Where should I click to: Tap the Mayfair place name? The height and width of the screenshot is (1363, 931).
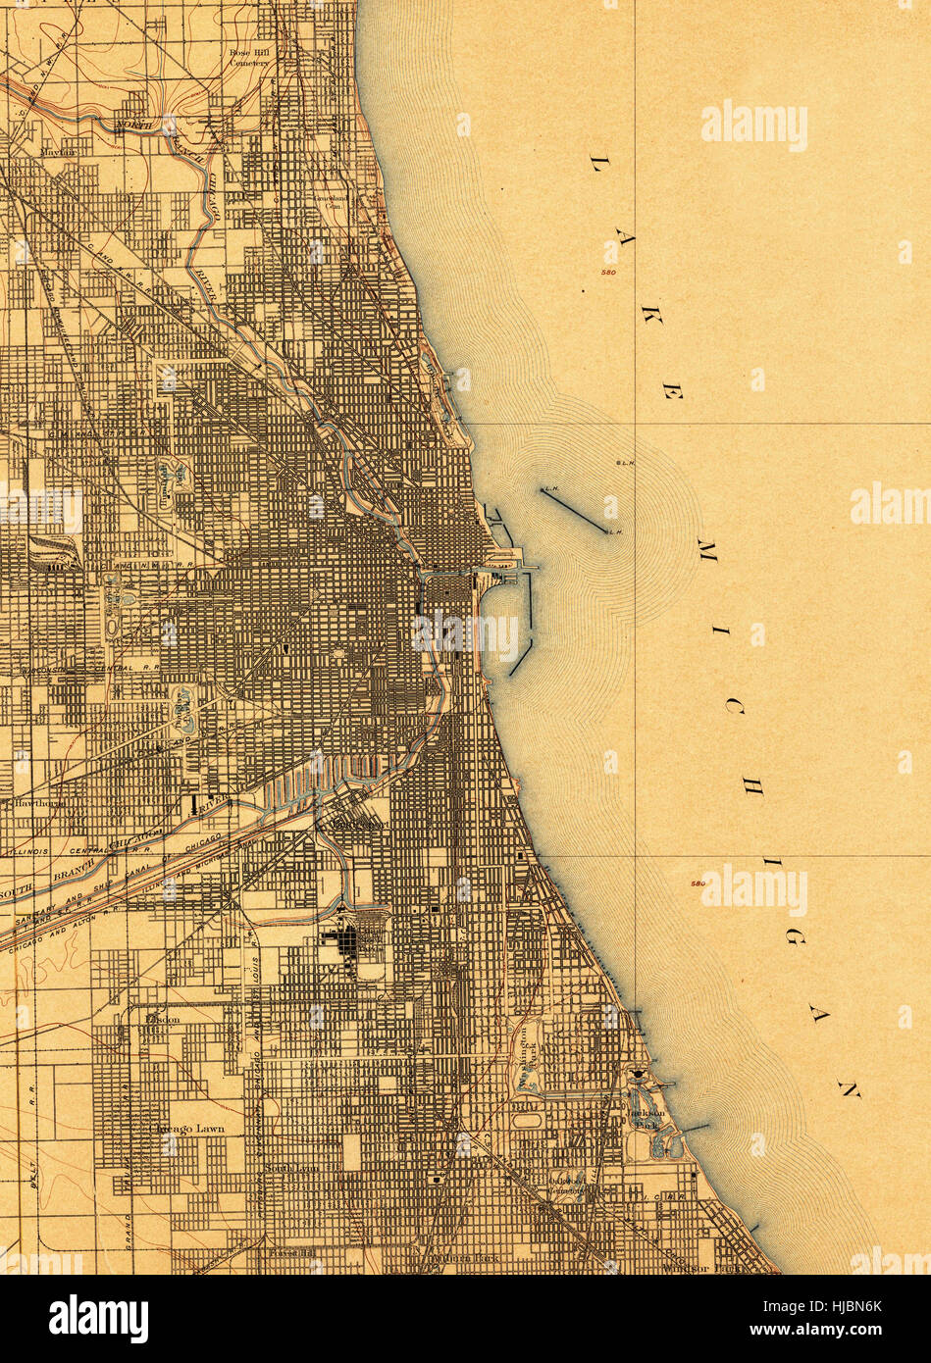click(60, 153)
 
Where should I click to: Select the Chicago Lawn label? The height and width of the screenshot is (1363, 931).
click(186, 1129)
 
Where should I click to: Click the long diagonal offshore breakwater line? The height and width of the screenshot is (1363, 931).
click(574, 511)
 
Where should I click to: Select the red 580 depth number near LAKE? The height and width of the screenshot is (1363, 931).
click(610, 272)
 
